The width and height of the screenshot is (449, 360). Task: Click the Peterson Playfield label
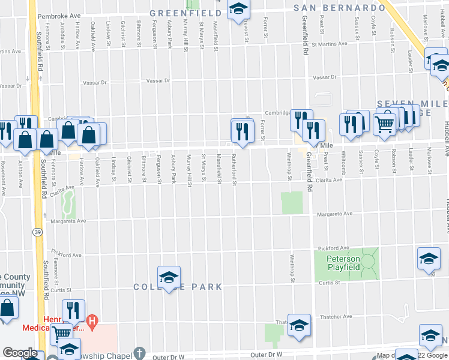click(x=343, y=263)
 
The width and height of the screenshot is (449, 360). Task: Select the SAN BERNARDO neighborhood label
click(x=339, y=8)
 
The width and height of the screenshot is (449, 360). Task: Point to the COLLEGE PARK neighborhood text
click(x=178, y=287)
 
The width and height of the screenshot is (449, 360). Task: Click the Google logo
click(x=19, y=353)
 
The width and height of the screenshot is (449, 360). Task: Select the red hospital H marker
click(x=92, y=322)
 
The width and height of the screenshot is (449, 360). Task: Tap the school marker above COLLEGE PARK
click(x=169, y=276)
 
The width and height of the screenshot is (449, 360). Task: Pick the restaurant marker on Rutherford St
click(x=242, y=131)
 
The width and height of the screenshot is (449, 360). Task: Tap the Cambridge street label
click(x=279, y=113)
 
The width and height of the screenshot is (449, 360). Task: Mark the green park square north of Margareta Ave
click(x=292, y=203)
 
